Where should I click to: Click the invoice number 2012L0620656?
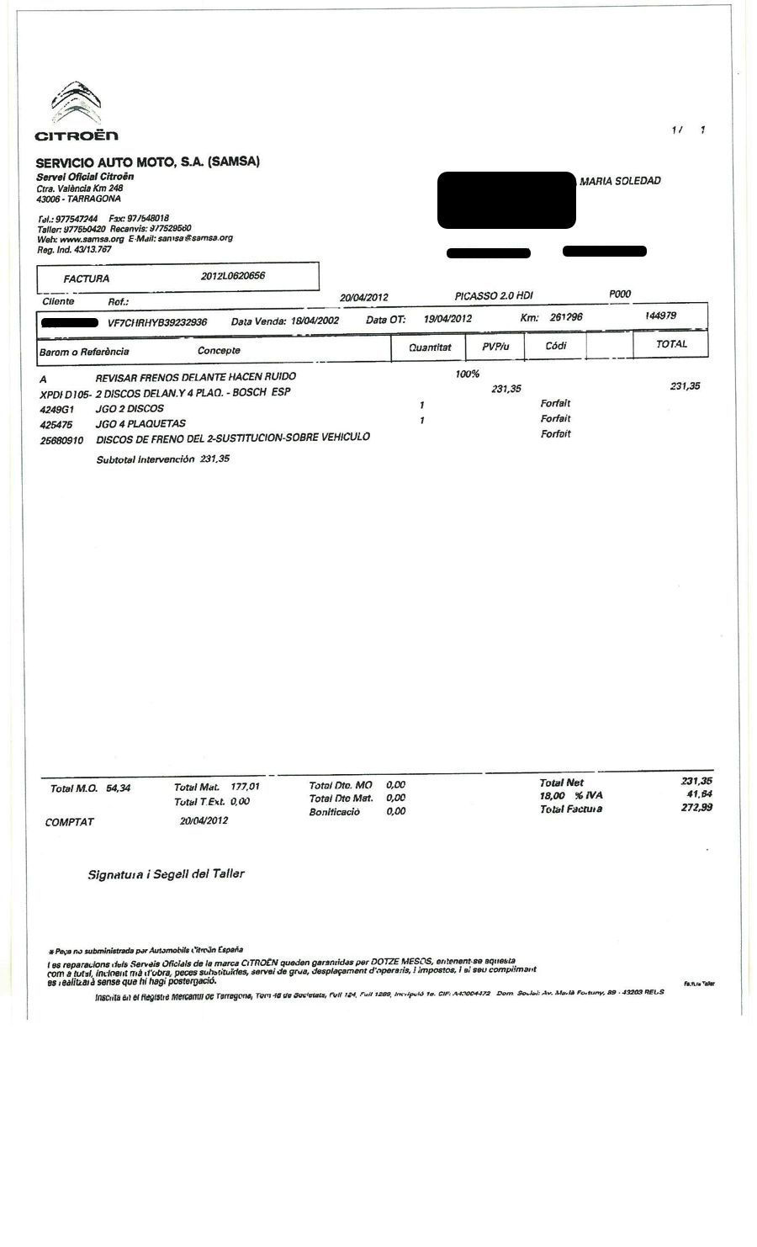[234, 276]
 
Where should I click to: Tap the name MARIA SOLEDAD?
[620, 181]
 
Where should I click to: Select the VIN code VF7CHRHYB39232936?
[157, 322]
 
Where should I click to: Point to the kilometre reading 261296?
[566, 318]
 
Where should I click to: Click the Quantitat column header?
[430, 347]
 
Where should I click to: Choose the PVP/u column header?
[496, 346]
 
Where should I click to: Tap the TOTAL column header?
[671, 344]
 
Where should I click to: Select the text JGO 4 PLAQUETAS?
[140, 423]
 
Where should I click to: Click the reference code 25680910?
[61, 439]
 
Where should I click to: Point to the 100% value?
[468, 374]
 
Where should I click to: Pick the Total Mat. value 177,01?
[245, 787]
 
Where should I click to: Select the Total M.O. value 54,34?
[118, 788]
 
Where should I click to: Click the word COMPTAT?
[70, 822]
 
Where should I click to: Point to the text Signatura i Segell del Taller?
[166, 874]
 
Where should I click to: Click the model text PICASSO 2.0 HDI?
[494, 296]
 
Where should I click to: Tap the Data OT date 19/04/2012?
[447, 319]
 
